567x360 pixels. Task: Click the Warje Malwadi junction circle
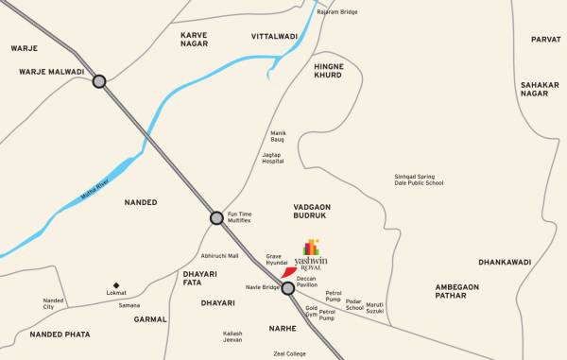[99, 82]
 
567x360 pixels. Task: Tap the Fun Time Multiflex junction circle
[216, 217]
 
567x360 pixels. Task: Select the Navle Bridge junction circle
[288, 288]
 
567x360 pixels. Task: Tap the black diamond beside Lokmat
[116, 284]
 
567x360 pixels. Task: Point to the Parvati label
[545, 40]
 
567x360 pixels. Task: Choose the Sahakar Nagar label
[540, 89]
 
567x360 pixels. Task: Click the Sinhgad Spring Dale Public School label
[419, 180]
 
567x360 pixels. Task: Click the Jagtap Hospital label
[273, 158]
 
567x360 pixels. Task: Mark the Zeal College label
[290, 353]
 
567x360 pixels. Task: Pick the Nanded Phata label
[59, 334]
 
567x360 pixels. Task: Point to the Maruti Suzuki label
[375, 307]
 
